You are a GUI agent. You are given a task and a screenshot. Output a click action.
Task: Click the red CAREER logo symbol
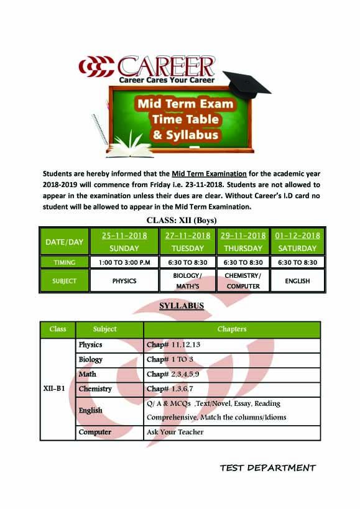click(x=96, y=66)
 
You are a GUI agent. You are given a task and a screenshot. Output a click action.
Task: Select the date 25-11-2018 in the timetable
click(x=124, y=236)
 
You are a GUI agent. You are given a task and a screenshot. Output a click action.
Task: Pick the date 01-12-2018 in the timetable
click(x=297, y=236)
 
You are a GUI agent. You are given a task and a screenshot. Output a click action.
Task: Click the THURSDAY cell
click(x=243, y=248)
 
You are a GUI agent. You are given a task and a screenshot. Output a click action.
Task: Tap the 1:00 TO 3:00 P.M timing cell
click(x=124, y=262)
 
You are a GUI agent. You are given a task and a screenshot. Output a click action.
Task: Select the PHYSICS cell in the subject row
click(x=124, y=281)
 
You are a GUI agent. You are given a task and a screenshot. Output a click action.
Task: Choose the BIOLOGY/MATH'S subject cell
click(x=187, y=281)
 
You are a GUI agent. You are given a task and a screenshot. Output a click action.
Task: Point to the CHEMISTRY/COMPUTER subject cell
click(x=243, y=281)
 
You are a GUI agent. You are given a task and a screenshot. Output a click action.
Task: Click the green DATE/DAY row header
click(x=64, y=242)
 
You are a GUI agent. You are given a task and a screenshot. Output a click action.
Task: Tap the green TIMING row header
click(x=64, y=262)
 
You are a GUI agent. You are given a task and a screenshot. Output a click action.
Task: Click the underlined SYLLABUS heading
click(x=182, y=306)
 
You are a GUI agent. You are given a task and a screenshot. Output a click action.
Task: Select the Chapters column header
click(x=232, y=329)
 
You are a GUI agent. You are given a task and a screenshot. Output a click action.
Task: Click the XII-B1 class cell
click(x=57, y=389)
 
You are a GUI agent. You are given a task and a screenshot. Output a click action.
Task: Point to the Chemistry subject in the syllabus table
click(x=95, y=389)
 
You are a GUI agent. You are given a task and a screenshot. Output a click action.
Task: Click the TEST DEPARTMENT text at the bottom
click(x=268, y=468)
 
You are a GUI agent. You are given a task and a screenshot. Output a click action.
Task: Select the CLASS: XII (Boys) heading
click(x=181, y=220)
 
